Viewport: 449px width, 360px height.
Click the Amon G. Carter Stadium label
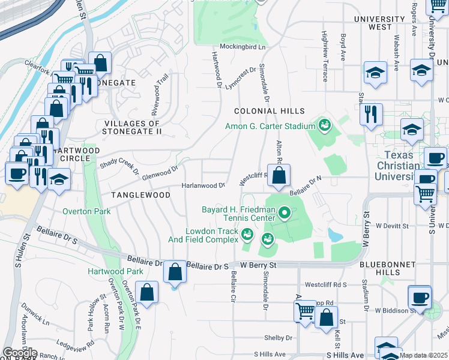point(270,126)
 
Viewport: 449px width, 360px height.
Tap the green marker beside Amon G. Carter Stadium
point(325,125)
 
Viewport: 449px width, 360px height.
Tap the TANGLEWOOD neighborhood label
point(136,195)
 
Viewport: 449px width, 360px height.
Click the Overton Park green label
point(87,211)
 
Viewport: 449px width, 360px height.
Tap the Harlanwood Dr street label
point(203,185)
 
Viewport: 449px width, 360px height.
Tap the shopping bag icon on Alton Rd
point(279,176)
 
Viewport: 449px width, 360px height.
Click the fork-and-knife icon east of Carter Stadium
point(371,113)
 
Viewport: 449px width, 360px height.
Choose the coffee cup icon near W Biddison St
point(419,297)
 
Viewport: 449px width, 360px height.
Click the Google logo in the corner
point(20,352)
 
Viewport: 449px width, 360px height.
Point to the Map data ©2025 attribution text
point(423,355)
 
